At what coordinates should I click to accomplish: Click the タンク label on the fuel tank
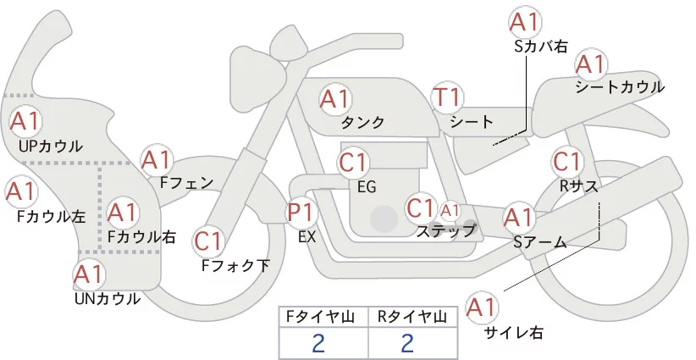tap(363, 123)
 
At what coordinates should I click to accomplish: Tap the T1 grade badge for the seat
tap(446, 98)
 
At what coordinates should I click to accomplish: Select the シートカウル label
tap(620, 87)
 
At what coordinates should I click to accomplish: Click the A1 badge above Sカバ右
tap(525, 23)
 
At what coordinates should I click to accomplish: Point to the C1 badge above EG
tap(353, 162)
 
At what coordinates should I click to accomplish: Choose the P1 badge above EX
tap(303, 212)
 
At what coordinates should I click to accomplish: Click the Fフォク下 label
tap(235, 266)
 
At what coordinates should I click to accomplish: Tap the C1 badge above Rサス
tap(567, 161)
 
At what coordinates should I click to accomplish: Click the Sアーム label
tap(540, 243)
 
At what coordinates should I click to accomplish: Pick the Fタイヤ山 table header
tap(323, 317)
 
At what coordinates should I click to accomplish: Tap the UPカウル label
tap(50, 146)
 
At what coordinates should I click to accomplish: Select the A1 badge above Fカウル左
tap(21, 191)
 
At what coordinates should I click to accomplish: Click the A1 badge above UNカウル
tap(88, 274)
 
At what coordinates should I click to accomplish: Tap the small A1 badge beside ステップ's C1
tap(450, 209)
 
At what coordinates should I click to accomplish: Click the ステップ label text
tap(445, 230)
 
